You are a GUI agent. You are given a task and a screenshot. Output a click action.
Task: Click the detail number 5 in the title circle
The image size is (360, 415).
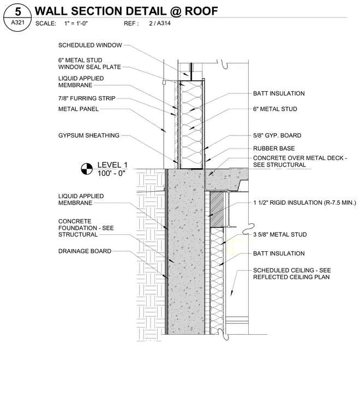tap(17, 11)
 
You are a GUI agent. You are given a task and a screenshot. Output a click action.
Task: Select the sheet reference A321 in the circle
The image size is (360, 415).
tap(17, 22)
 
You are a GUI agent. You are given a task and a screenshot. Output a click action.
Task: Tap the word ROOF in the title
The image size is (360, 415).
tap(201, 11)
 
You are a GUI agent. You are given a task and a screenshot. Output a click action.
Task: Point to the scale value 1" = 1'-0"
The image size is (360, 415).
tap(76, 23)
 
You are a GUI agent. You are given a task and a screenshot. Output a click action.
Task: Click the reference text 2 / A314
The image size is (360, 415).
tap(160, 23)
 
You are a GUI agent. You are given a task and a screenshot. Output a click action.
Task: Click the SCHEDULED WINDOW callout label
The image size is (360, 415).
tap(90, 45)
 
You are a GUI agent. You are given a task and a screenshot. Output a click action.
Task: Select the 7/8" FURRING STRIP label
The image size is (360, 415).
tap(87, 98)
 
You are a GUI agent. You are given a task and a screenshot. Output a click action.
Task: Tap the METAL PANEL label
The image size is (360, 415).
tap(79, 109)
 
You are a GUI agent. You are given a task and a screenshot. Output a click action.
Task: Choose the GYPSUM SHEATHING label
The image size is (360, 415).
tap(89, 135)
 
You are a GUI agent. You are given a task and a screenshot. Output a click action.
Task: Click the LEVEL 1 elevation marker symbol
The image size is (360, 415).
tap(87, 169)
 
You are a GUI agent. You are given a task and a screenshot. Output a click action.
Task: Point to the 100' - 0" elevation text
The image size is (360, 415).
tap(111, 173)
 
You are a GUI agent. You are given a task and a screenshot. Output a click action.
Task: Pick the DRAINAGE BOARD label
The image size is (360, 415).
tap(85, 251)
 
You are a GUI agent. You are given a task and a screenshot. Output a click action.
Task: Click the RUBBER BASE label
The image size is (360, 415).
tap(274, 149)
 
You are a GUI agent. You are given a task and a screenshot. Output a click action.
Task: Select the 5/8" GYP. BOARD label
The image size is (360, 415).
tap(277, 135)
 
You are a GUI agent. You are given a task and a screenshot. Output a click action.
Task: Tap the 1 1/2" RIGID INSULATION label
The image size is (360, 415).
tap(304, 203)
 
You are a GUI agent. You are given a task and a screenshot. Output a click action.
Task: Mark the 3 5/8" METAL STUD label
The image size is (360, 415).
tap(280, 234)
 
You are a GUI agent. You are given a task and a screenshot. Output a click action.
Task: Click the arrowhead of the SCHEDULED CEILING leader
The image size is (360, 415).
tap(232, 293)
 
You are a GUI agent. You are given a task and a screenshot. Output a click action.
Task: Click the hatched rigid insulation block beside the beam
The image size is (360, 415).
tap(217, 209)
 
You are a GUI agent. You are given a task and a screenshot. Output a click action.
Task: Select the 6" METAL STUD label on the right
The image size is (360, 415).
tap(275, 109)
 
